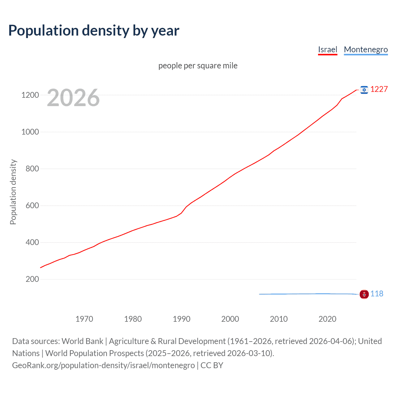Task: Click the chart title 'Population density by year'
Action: click(x=94, y=30)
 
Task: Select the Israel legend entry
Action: click(x=327, y=49)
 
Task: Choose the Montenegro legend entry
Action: click(x=366, y=49)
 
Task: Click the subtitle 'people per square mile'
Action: click(x=198, y=66)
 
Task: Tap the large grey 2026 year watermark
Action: click(x=73, y=98)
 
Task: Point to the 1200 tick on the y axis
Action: click(x=30, y=95)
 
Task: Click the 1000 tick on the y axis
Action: click(x=30, y=132)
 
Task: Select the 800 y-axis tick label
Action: click(x=32, y=169)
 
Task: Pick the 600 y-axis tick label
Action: click(x=32, y=205)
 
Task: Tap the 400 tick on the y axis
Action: click(x=32, y=242)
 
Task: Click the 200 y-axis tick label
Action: click(x=32, y=279)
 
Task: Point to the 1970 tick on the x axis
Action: click(x=84, y=319)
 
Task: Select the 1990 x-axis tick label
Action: click(x=182, y=319)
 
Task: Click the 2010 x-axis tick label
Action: click(x=279, y=319)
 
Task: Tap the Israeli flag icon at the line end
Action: click(x=364, y=90)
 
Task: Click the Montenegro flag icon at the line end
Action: click(x=364, y=294)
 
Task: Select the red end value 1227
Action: click(x=379, y=89)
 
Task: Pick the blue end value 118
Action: click(x=377, y=294)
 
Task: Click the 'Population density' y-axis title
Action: click(x=13, y=192)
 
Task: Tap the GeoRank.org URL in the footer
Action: click(x=103, y=365)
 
